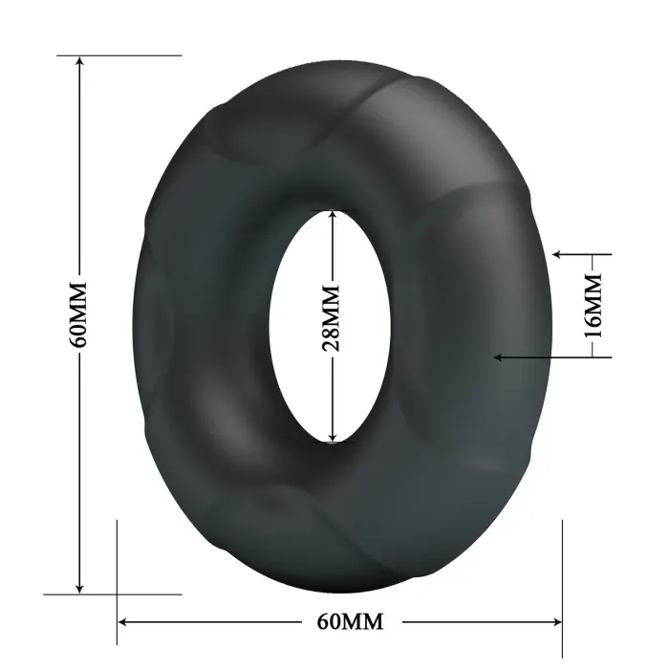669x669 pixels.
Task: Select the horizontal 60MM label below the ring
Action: pos(349,622)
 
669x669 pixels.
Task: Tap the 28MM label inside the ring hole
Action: pos(331,319)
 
